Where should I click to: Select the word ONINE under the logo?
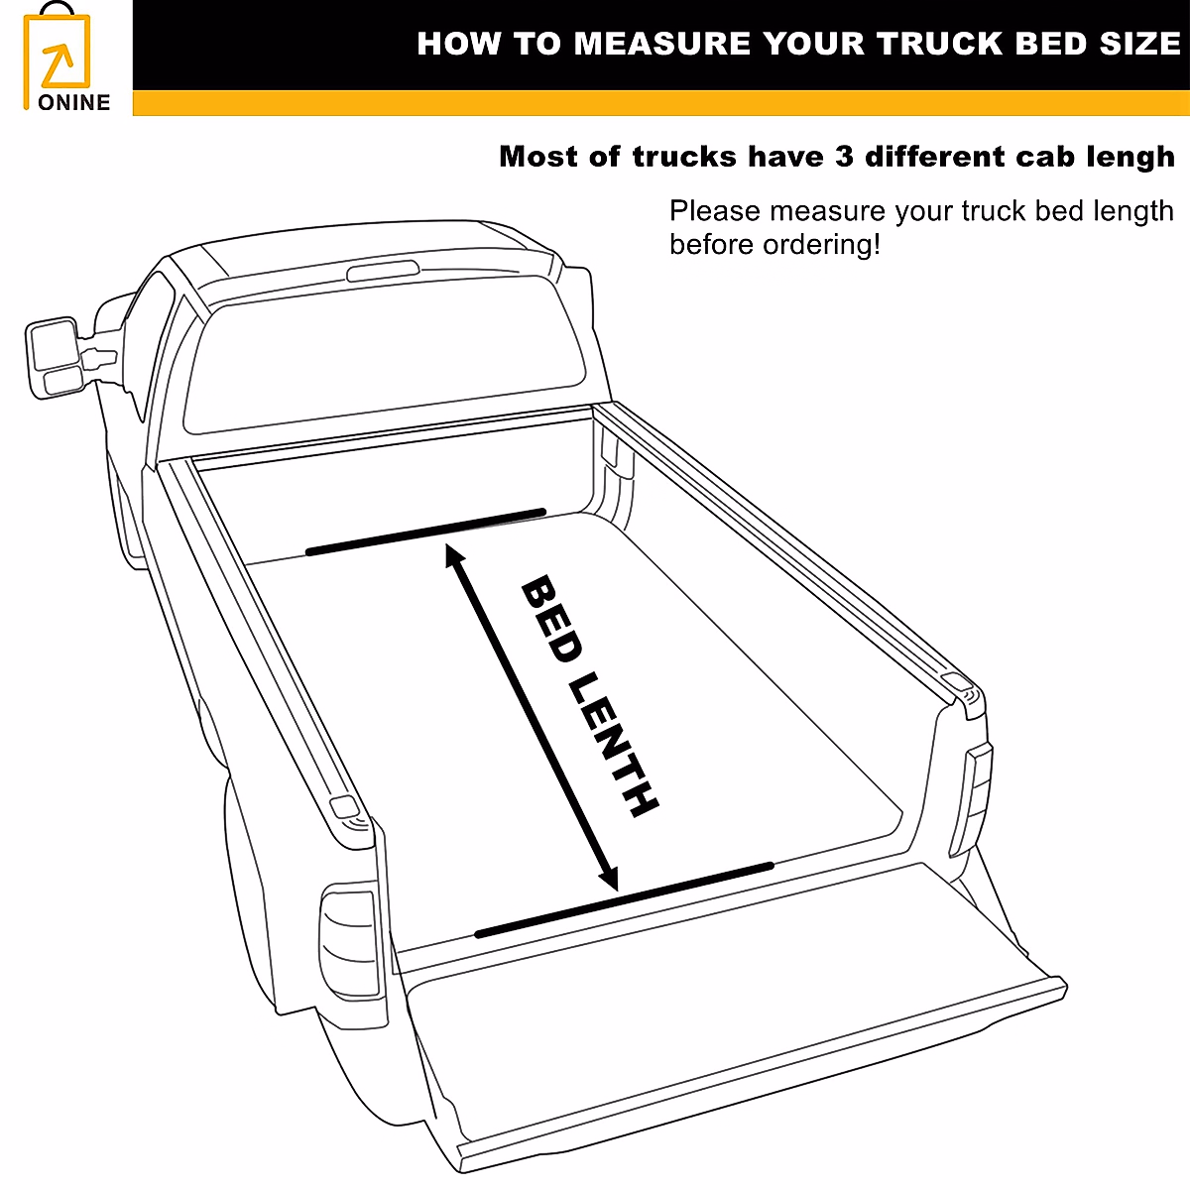[x=73, y=102]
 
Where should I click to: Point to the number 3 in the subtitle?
[x=844, y=157]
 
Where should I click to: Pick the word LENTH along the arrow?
[x=615, y=745]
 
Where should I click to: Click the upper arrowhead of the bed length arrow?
[x=454, y=554]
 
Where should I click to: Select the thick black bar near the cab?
[x=426, y=532]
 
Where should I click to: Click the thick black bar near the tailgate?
[x=624, y=899]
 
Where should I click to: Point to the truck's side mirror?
[x=55, y=357]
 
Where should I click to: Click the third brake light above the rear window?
[x=382, y=271]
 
